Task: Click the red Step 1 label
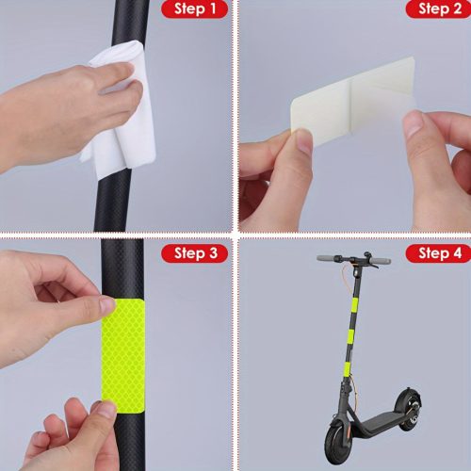tap(195, 9)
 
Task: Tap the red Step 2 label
tap(438, 9)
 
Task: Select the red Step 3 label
tap(195, 253)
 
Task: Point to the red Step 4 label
tap(438, 253)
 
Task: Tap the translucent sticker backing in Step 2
tap(353, 102)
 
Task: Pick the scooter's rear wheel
tap(408, 409)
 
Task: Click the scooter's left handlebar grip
tap(327, 258)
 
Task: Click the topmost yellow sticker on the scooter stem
tap(356, 304)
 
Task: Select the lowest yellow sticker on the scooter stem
tap(348, 366)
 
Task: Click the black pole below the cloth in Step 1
tap(111, 204)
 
